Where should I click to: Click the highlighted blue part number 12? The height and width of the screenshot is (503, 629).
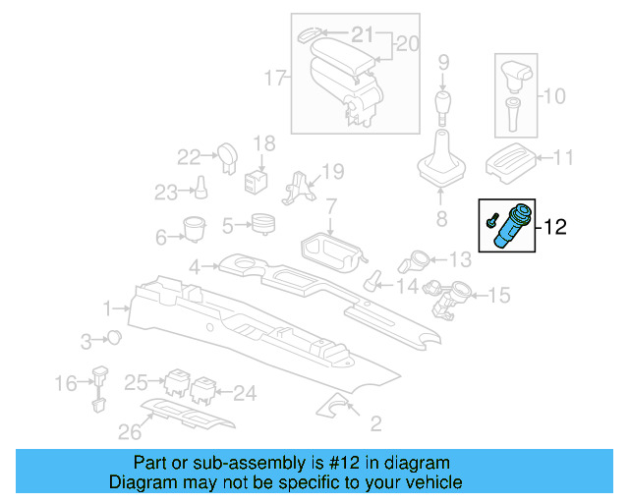click(513, 228)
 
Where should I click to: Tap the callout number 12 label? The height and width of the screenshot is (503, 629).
click(556, 228)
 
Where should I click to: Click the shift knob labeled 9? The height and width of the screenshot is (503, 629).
click(443, 105)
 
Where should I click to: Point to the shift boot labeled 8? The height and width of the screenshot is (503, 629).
click(441, 164)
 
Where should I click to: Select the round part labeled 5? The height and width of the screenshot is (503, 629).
click(262, 224)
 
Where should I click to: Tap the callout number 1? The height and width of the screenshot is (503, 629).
click(106, 309)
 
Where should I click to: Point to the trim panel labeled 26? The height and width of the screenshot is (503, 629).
click(187, 417)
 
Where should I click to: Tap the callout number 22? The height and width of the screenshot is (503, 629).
click(188, 155)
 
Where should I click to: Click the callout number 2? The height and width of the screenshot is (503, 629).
click(374, 424)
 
